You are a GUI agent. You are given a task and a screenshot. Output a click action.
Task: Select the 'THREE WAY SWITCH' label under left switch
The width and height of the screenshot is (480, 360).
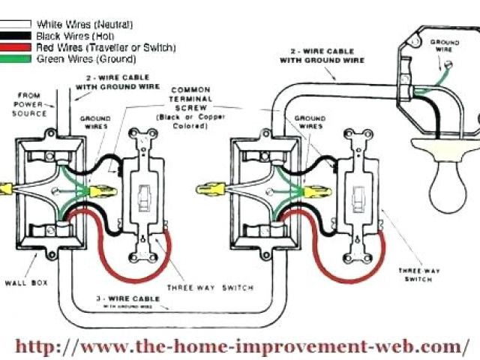pyautogui.click(x=209, y=287)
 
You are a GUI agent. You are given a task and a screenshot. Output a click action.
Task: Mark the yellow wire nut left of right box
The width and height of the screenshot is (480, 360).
pyautogui.click(x=208, y=189)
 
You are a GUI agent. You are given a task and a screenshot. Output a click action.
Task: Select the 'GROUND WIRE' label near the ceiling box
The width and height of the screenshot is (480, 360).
pyautogui.click(x=444, y=46)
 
